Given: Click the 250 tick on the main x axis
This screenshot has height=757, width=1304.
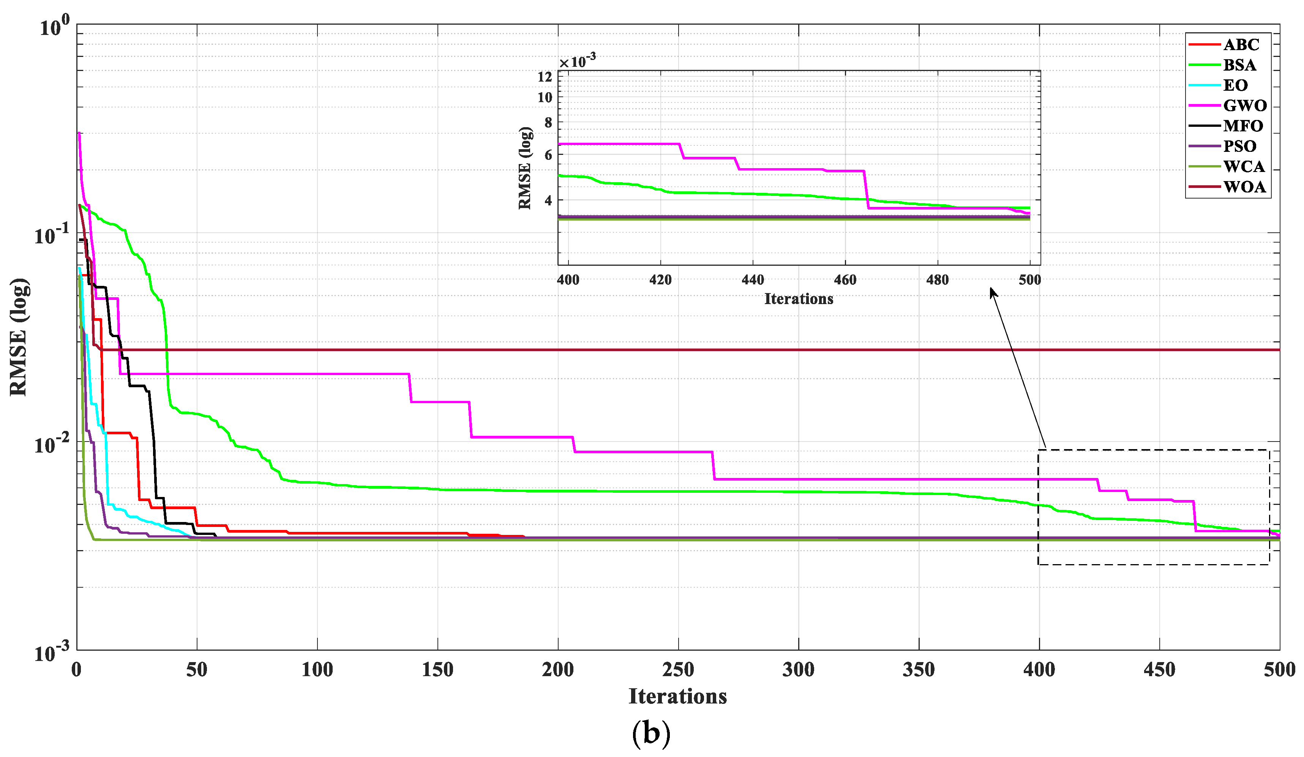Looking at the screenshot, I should click(678, 670).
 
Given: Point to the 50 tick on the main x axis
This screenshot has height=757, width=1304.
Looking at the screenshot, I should click(197, 670).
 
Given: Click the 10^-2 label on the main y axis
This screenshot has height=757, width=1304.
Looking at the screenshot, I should click(52, 444).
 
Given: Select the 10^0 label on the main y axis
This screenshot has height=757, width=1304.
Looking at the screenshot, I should click(54, 26).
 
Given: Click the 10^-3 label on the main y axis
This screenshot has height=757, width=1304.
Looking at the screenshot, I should click(52, 653).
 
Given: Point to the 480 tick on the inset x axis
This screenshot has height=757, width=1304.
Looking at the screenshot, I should click(937, 280).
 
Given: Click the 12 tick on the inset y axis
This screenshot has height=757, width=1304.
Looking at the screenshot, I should click(545, 77).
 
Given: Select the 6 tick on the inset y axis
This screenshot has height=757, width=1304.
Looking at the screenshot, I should click(548, 155).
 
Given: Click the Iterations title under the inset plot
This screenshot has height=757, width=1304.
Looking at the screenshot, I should click(799, 299).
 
